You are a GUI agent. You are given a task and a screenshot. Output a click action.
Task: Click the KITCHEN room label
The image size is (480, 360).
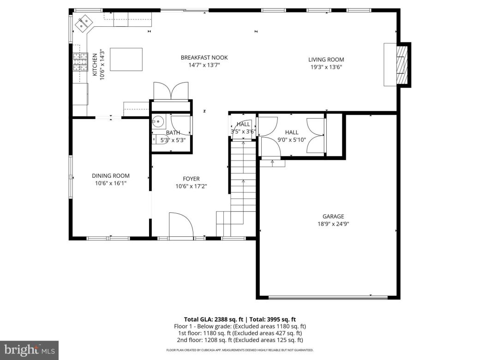[x=95, y=65]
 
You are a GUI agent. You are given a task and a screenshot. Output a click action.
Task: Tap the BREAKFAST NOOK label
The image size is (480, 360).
[x=204, y=58]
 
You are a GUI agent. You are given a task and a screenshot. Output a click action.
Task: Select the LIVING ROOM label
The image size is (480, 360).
[x=326, y=60]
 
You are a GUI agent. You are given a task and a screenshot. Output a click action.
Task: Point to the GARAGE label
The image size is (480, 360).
[x=333, y=216]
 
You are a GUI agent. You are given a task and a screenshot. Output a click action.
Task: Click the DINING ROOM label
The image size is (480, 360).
[x=110, y=176]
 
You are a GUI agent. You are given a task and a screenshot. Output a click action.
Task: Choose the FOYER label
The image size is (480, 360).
[x=191, y=179]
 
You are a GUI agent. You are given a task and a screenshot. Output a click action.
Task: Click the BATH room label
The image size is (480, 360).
[x=166, y=132]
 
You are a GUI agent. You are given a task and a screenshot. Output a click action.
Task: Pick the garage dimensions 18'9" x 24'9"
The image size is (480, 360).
[x=333, y=224]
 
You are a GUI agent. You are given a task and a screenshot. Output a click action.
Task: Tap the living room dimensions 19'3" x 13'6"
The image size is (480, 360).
[x=326, y=67]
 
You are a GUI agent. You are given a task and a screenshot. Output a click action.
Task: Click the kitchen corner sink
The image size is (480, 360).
[x=84, y=23]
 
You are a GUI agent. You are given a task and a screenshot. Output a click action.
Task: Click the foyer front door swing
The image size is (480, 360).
[x=181, y=225]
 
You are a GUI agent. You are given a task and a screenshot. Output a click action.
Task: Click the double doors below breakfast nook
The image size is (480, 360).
[x=171, y=90]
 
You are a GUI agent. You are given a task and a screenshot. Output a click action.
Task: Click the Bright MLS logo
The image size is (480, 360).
[x=29, y=350]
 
